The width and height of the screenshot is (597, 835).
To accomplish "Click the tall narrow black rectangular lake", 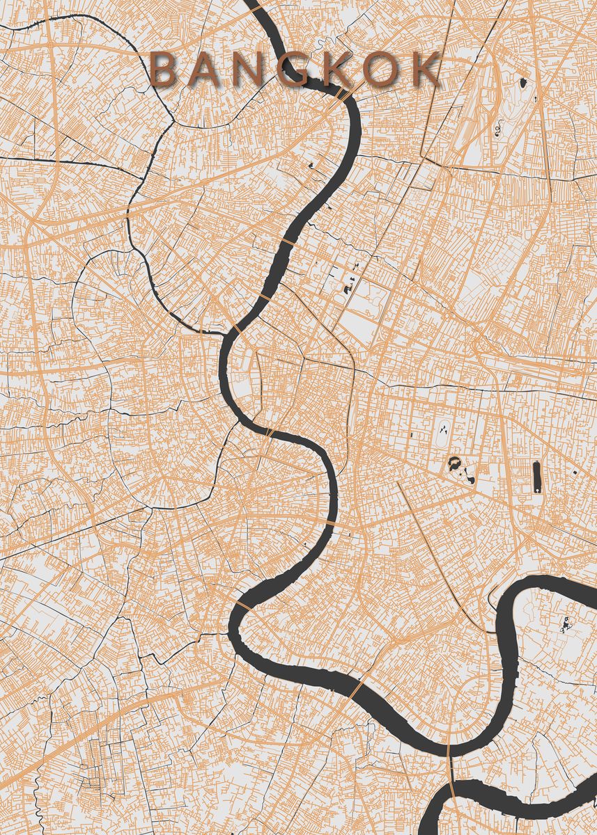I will [x=537, y=477].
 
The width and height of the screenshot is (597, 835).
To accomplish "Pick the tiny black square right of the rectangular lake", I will [x=575, y=472].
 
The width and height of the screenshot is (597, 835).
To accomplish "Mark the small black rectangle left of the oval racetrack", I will [x=411, y=435].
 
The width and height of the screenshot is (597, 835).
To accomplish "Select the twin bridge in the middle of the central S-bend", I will [x=269, y=433].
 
